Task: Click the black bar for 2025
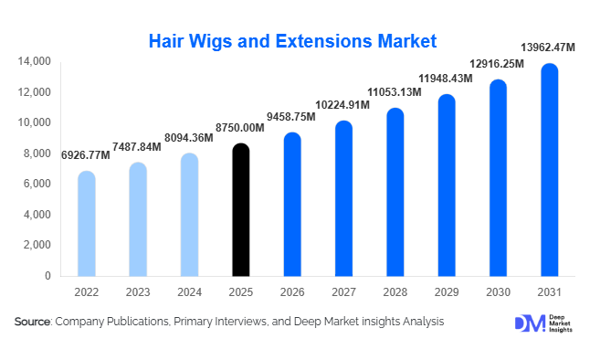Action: coord(240,210)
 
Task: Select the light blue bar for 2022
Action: coord(86,224)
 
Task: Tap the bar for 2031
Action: coord(549,170)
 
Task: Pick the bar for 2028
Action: coord(395,192)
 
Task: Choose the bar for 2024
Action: coord(189,215)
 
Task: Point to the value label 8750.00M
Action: coord(240,130)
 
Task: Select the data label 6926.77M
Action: coord(86,156)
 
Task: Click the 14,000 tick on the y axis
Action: coord(33,61)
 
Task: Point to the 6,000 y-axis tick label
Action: coord(37,184)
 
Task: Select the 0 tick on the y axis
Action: coord(47,275)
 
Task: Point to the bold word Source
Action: coord(33,322)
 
